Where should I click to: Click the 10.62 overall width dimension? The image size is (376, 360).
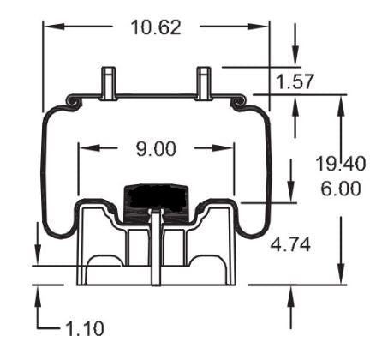pyautogui.click(x=156, y=27)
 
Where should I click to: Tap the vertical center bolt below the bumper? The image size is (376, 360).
pyautogui.click(x=154, y=249)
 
